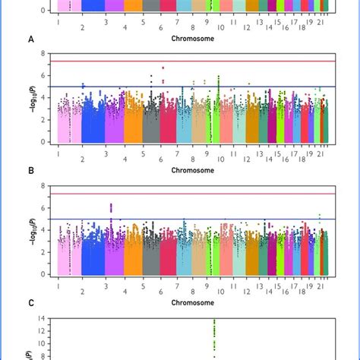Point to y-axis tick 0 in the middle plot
(43, 142)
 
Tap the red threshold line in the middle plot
(190, 61)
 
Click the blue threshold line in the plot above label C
(190, 219)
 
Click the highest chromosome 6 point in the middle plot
(163, 68)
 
